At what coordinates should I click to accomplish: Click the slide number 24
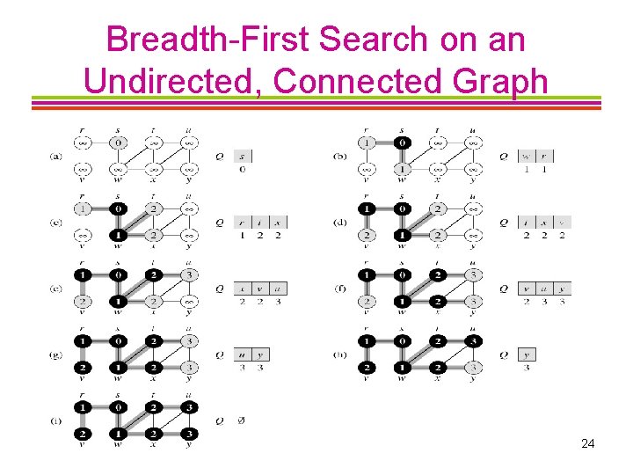pos(588,443)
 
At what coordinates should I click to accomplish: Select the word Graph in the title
pos(500,81)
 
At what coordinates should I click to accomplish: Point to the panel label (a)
pos(56,157)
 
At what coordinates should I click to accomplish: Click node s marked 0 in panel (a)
pos(119,142)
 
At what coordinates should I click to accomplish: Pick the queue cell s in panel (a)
pos(242,157)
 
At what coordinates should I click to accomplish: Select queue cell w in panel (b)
pos(526,157)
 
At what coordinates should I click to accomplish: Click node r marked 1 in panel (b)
pos(367,142)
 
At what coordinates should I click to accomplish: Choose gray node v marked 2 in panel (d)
pos(367,236)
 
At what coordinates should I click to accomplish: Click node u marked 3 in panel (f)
pos(473,275)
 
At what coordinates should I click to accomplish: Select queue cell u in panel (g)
pos(242,354)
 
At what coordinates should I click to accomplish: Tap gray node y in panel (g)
pos(187,368)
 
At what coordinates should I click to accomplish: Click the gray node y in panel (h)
pos(473,368)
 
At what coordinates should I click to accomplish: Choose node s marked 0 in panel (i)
pos(119,407)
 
